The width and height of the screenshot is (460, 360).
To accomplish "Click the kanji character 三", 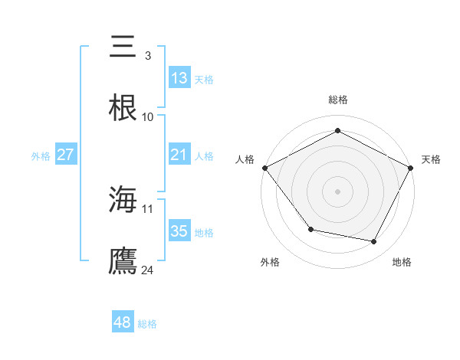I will [x=123, y=47].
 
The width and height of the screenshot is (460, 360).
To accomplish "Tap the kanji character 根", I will [x=123, y=108].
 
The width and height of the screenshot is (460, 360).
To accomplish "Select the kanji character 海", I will [x=123, y=200].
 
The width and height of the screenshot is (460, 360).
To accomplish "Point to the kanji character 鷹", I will [x=123, y=261].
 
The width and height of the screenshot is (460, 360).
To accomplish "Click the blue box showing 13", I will [x=179, y=78].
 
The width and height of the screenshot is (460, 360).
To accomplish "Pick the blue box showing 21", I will [x=179, y=155].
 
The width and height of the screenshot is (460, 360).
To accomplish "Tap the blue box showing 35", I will [x=179, y=231].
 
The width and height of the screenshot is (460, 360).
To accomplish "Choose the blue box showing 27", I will [x=66, y=155].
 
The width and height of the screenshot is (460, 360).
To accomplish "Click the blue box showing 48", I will [x=123, y=323].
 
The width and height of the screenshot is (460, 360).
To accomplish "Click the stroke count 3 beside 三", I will [x=147, y=56].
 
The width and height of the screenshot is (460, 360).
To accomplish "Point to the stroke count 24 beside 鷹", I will [x=148, y=270].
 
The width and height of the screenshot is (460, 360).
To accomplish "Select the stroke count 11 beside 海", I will [x=148, y=208].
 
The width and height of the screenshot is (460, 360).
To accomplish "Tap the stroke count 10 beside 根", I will [x=148, y=117].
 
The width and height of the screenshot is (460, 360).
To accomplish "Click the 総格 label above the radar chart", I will [x=337, y=100].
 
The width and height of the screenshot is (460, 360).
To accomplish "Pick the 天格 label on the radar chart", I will [x=431, y=159].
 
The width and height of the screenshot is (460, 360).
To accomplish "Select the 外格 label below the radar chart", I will [x=270, y=262].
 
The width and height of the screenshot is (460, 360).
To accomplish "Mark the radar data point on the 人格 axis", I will [x=264, y=167].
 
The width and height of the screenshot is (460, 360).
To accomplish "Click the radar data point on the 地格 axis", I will [x=374, y=241].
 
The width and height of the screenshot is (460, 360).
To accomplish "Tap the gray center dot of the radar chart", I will [x=337, y=191].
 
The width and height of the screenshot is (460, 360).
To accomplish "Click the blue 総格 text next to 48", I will [x=147, y=324].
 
